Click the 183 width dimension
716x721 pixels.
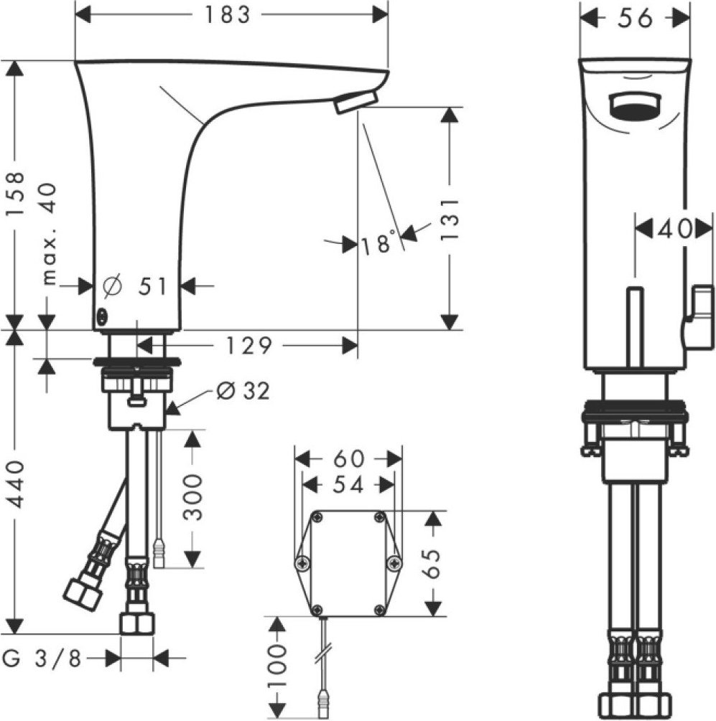[x=227, y=15]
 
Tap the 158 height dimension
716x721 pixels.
[x=16, y=193]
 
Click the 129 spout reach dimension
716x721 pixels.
[x=248, y=346]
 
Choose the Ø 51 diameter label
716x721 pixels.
[x=134, y=286]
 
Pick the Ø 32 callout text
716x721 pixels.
[x=243, y=391]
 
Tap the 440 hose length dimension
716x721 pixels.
[x=17, y=484]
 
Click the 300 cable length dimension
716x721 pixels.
[x=192, y=497]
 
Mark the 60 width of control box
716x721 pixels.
[x=349, y=458]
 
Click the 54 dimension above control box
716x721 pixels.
[x=348, y=485]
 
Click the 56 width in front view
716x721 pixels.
[x=635, y=18]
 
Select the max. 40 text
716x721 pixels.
[x=49, y=234]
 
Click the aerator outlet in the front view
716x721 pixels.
[x=636, y=106]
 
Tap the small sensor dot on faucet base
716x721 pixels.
[x=101, y=316]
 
